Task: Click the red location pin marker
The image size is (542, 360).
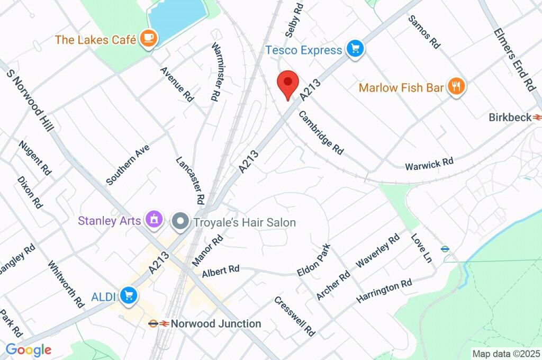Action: click(288, 84)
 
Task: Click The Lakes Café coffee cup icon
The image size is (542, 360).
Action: click(148, 39)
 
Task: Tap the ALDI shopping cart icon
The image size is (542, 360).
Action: click(128, 296)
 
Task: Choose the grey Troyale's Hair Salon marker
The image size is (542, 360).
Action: click(180, 222)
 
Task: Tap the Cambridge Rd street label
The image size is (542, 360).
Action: click(321, 132)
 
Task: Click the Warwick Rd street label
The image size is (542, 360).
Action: click(429, 164)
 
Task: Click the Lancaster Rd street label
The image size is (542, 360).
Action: click(190, 180)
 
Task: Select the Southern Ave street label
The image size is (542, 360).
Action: click(128, 165)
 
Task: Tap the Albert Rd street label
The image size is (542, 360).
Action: click(221, 271)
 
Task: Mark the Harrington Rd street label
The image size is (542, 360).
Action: click(384, 291)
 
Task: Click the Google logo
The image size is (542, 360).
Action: click(29, 349)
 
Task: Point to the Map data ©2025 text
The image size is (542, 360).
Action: click(505, 354)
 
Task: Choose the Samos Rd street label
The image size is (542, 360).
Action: click(424, 32)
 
